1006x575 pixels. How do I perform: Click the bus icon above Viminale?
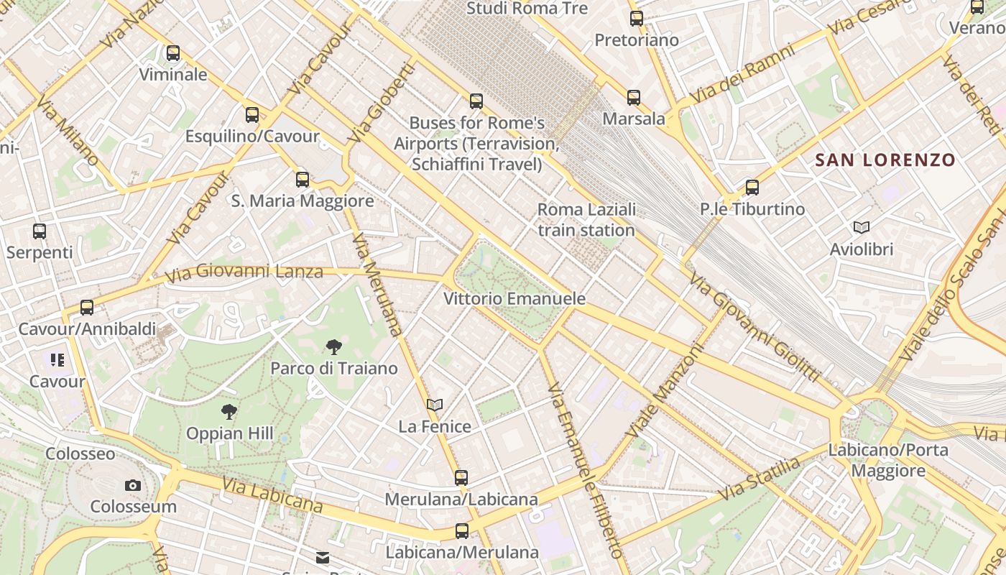(172, 53)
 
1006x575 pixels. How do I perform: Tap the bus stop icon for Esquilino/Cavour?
(251, 115)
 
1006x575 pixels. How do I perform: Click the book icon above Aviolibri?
(861, 228)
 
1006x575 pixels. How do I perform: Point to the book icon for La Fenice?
(434, 405)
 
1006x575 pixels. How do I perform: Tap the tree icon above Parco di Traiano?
(333, 347)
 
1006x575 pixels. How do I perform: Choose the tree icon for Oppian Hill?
(229, 412)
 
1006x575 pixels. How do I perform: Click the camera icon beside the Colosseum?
(133, 486)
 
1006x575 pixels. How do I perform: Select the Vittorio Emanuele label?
(514, 298)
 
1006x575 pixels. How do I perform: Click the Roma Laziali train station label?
(586, 220)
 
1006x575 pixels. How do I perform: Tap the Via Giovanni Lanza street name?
(244, 272)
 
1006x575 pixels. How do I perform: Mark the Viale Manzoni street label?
(663, 390)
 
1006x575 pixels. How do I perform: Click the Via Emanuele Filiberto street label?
(583, 471)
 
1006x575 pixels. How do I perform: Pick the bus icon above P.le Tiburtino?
(752, 188)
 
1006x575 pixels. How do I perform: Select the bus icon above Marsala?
(633, 98)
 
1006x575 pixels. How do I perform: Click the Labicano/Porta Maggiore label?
(888, 461)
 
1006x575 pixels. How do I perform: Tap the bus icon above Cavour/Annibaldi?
(87, 308)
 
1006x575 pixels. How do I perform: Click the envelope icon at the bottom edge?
(323, 558)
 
